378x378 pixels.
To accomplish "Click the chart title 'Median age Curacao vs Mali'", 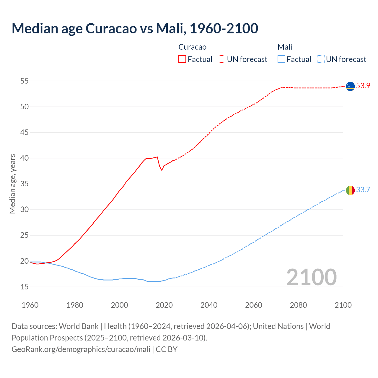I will [135, 28].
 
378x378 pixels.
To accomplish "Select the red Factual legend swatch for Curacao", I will [182, 59].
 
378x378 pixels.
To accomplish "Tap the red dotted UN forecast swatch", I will [221, 59].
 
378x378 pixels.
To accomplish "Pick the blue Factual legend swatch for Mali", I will [281, 59].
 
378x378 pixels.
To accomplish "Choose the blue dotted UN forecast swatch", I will [321, 59].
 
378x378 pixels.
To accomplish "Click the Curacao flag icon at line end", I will [350, 86].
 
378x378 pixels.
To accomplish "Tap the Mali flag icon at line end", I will [350, 190].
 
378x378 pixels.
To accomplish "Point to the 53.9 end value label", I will [363, 86].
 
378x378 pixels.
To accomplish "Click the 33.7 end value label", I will [363, 190].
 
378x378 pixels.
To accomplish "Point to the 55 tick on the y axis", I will [25, 81].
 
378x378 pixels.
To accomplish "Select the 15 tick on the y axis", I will [25, 287].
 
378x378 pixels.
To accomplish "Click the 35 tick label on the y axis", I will [25, 184].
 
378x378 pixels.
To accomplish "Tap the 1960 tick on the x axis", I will [30, 305].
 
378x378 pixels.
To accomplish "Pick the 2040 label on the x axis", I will [209, 305].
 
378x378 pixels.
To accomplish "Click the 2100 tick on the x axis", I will [343, 305].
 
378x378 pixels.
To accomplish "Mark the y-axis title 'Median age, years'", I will [12, 184].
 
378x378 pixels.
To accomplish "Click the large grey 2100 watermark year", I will [312, 277].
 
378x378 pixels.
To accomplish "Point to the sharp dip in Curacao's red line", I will [162, 170].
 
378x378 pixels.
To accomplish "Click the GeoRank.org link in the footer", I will [81, 349].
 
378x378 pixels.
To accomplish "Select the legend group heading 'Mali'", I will [285, 47].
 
